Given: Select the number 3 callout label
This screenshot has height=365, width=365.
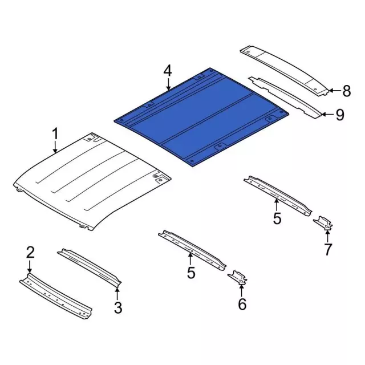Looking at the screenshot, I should click(117, 309).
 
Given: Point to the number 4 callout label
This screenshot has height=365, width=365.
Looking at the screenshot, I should click(167, 71).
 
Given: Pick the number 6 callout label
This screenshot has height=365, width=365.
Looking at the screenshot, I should click(242, 305).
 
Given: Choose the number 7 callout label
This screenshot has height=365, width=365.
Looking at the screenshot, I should click(328, 249).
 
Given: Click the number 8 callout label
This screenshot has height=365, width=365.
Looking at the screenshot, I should click(347, 90).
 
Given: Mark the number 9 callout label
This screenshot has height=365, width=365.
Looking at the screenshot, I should click(340, 116).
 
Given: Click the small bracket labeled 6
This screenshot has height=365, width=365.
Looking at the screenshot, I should click(239, 278).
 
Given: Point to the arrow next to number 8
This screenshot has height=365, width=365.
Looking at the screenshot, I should click(334, 90).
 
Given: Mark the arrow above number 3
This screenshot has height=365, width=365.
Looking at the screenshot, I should click(117, 293).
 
